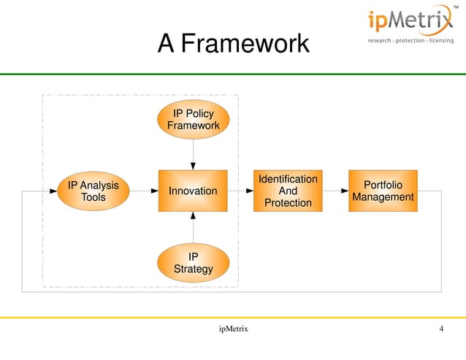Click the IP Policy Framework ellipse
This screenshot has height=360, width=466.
pyautogui.click(x=193, y=119)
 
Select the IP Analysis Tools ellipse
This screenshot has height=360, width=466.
pyautogui.click(x=93, y=191)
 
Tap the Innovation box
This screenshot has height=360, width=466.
pyautogui.click(x=193, y=191)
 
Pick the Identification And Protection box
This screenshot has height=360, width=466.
pyautogui.click(x=288, y=191)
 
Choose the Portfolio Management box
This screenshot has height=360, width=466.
pyautogui.click(x=383, y=191)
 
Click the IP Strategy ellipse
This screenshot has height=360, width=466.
pyautogui.click(x=193, y=263)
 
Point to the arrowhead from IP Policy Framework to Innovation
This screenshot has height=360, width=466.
pyautogui.click(x=193, y=165)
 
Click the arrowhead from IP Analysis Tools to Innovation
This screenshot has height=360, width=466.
pyautogui.click(x=154, y=191)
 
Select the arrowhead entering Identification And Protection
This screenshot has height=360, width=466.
pyautogui.click(x=249, y=191)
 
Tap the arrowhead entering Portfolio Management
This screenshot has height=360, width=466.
pyautogui.click(x=344, y=191)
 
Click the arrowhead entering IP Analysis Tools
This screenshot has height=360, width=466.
pyautogui.click(x=53, y=191)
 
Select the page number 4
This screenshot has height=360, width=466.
pyautogui.click(x=441, y=329)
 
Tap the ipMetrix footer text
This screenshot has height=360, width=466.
pyautogui.click(x=233, y=329)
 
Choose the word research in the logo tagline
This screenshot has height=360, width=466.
pyautogui.click(x=381, y=40)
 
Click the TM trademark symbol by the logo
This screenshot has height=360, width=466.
pyautogui.click(x=457, y=7)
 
